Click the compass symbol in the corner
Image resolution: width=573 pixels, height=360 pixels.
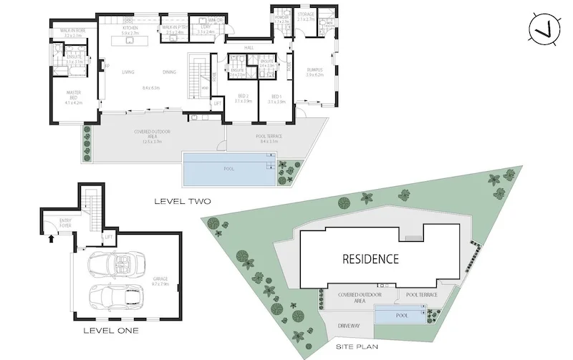541,29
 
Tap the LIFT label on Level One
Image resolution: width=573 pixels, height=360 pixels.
109,235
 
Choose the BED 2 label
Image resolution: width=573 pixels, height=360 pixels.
244,95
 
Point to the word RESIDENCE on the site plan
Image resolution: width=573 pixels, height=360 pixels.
370,258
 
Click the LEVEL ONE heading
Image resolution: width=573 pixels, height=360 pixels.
111,331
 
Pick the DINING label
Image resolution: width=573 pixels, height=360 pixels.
169,72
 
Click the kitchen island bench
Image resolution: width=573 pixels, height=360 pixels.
130,41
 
